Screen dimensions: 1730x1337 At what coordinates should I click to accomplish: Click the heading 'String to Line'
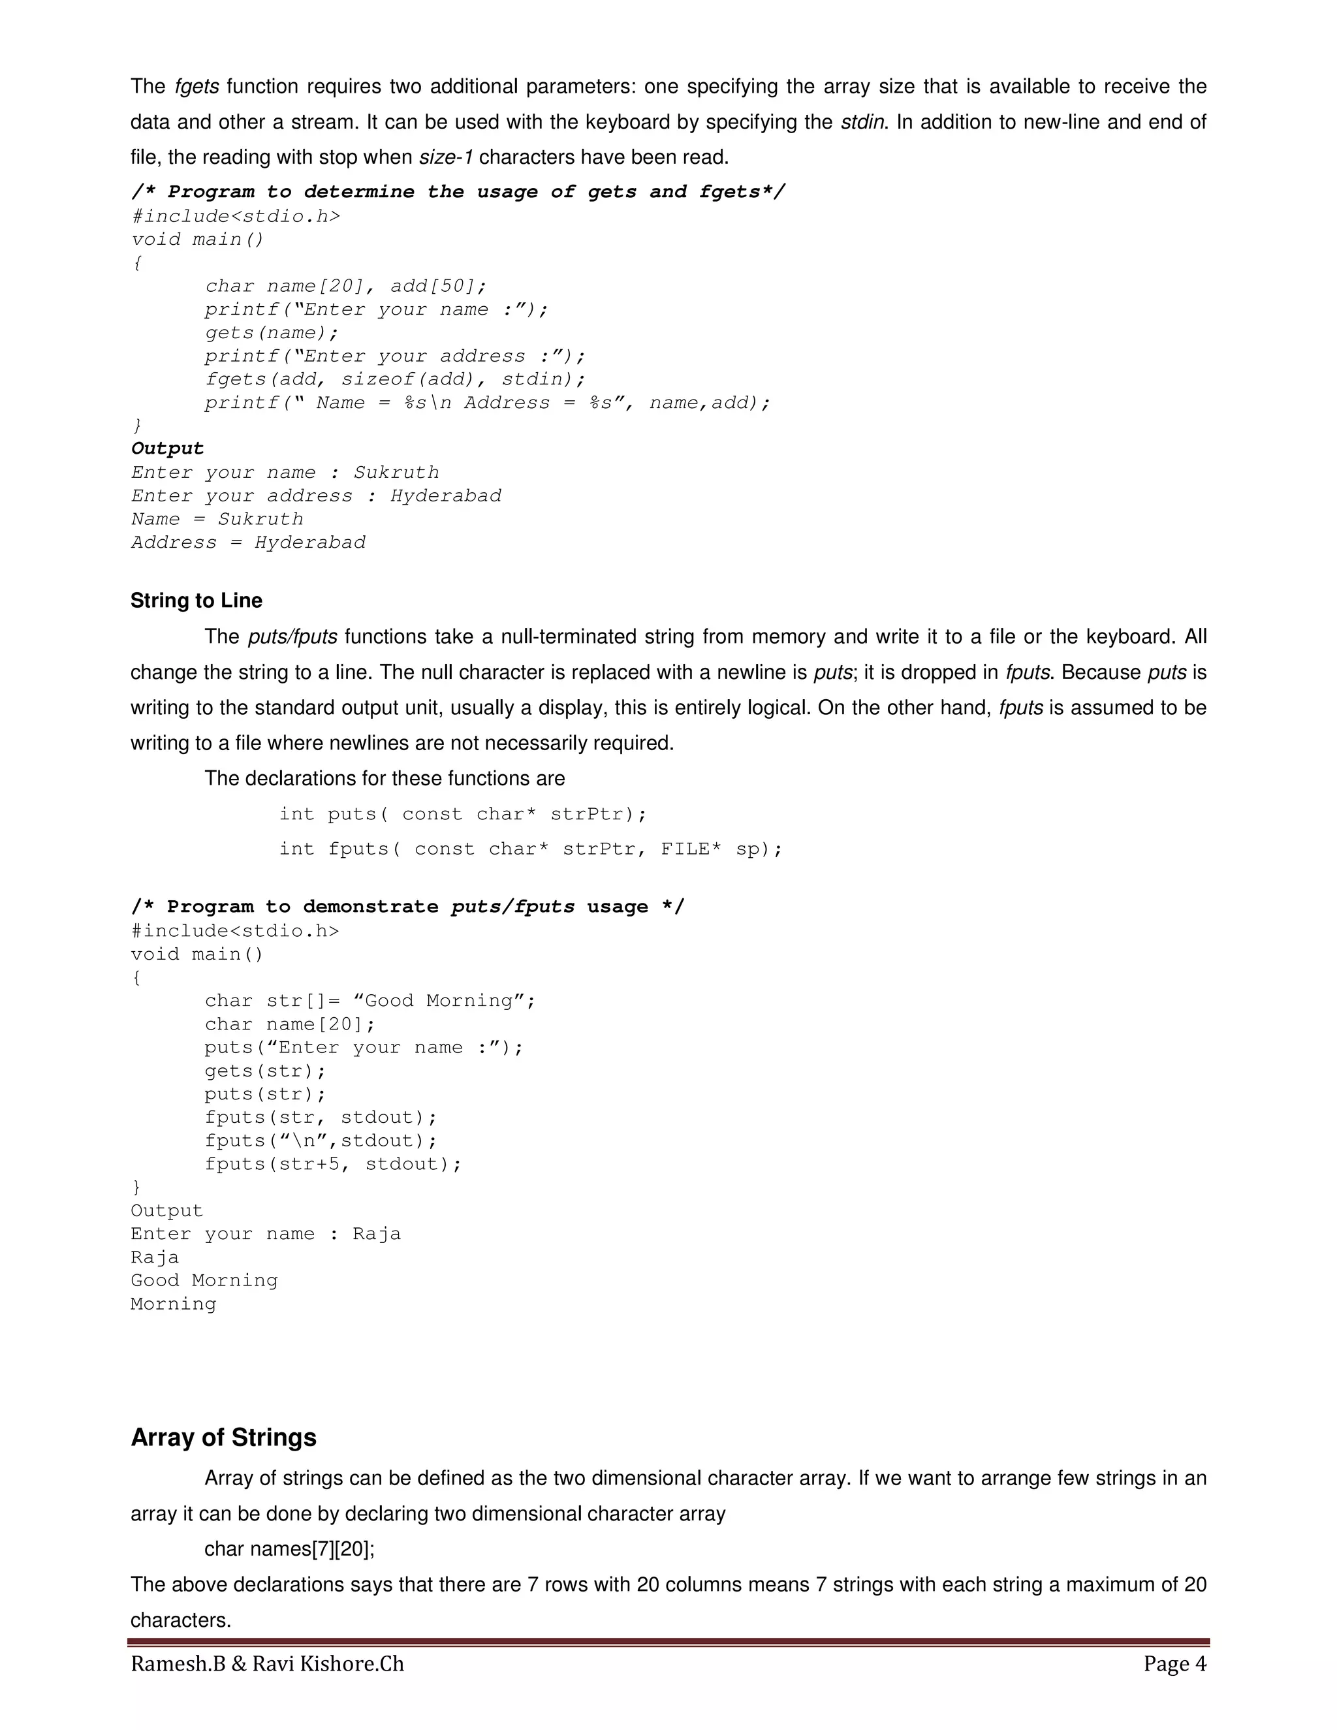(196, 601)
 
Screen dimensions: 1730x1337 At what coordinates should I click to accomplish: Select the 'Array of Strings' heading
(223, 1438)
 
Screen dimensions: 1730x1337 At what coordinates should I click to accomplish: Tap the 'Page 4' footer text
(1174, 1664)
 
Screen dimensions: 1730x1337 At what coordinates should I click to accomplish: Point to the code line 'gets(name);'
(271, 333)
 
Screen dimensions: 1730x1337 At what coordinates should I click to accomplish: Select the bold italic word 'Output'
(167, 449)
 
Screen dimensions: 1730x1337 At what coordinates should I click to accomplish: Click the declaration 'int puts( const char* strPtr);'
(463, 814)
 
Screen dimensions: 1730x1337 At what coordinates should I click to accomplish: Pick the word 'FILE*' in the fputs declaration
(691, 849)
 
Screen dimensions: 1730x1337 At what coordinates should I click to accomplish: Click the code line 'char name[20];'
(289, 1024)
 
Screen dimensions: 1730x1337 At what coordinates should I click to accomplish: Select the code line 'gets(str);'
(264, 1071)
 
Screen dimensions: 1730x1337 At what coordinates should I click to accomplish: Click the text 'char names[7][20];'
(289, 1549)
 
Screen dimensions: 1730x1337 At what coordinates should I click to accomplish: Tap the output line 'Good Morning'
(204, 1281)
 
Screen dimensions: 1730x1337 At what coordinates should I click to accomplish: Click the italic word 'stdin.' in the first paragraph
(865, 122)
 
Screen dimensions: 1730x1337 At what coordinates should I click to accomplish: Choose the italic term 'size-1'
(445, 157)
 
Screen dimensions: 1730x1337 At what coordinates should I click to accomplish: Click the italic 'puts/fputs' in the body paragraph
(292, 637)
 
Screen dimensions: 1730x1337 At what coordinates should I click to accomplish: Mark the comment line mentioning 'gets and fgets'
(458, 193)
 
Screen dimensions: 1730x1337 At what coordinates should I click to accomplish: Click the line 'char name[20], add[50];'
(345, 286)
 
